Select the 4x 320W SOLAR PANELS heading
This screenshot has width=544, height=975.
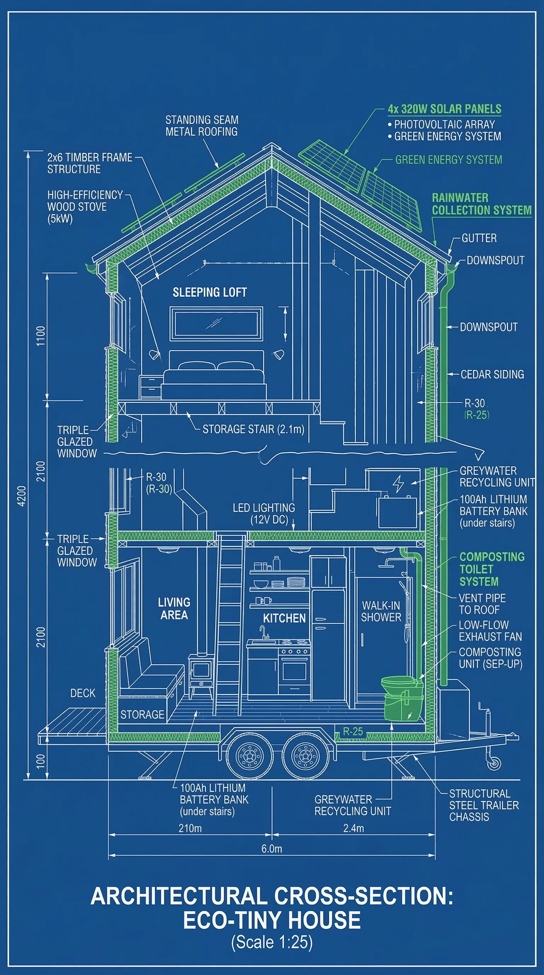444,109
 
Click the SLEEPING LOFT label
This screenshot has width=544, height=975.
210,293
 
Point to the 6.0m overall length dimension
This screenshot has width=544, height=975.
272,849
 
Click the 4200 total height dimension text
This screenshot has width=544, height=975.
22,496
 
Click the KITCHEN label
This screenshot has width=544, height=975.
284,619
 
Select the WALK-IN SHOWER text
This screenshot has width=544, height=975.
381,611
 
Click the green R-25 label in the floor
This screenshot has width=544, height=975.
353,732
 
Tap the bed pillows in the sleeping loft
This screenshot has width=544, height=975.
216,366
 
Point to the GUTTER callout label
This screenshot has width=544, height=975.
479,238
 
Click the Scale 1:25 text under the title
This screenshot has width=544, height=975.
272,942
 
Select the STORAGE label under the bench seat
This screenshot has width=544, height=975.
142,715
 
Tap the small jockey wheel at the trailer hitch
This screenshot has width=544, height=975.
494,763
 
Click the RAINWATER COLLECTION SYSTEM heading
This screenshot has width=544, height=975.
481,204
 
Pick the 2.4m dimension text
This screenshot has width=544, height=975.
353,828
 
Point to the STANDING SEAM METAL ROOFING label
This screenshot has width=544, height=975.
202,126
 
